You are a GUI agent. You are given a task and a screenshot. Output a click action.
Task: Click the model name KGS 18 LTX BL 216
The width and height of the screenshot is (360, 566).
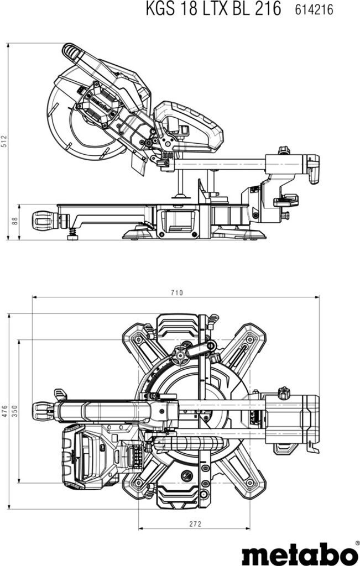coord(213,9)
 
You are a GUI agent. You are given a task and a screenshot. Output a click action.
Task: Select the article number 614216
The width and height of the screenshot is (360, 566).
coord(314,9)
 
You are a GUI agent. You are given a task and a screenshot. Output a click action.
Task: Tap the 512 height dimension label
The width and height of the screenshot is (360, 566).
coord(4,141)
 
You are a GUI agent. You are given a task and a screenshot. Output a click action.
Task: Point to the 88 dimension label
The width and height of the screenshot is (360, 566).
coord(15,221)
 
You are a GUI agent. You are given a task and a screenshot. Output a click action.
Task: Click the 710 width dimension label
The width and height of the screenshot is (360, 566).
coord(177,292)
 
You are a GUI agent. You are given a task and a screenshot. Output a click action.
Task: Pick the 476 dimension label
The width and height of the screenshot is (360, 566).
coord(4,411)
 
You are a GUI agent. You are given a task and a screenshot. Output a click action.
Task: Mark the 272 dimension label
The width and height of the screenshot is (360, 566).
coord(195,524)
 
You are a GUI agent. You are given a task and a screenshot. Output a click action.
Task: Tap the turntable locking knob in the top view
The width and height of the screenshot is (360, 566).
coord(45,411)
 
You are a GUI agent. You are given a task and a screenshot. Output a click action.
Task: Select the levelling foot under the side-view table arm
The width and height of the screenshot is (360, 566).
coord(73,235)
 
